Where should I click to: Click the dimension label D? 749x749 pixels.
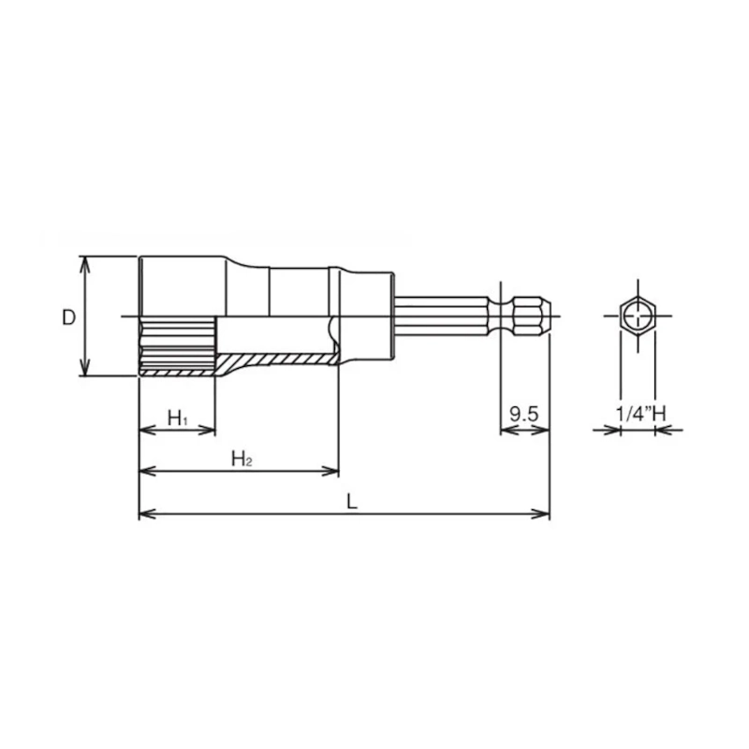[68, 317]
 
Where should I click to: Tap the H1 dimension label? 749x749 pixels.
[178, 419]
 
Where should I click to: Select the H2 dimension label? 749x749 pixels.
[242, 459]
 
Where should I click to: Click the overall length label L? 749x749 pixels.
[352, 502]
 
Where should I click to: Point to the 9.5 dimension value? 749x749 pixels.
[524, 414]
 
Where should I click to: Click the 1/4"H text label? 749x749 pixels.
[639, 413]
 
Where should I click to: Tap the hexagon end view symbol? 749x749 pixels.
[638, 316]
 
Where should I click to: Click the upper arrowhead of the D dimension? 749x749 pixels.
[84, 264]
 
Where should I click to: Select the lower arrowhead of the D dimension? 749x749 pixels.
[84, 368]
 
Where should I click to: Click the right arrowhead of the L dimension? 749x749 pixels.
[542, 514]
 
